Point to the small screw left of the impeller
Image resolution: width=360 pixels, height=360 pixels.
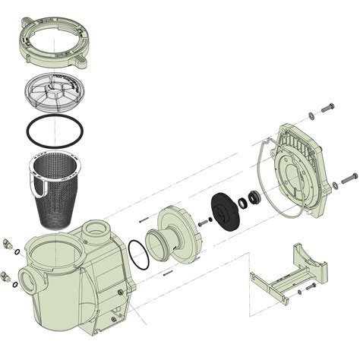(204, 223)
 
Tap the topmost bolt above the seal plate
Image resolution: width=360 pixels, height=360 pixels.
(327, 109)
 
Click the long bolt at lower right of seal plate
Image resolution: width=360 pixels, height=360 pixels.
(349, 178)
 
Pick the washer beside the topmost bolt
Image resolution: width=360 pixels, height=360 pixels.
(311, 116)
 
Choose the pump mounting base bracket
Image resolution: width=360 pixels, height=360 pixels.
(289, 273)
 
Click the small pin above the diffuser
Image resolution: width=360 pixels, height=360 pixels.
(143, 220)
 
